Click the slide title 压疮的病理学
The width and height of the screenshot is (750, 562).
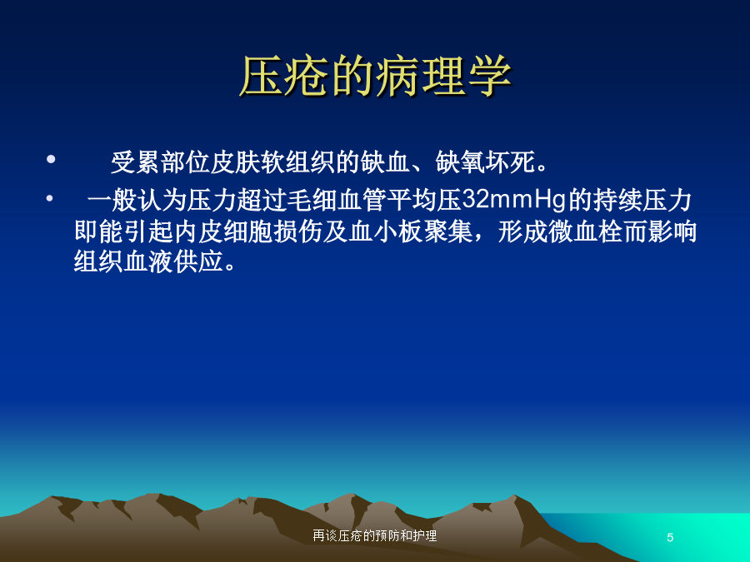click(x=375, y=77)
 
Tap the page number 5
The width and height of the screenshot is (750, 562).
click(x=670, y=537)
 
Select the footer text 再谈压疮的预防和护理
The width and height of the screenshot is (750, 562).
click(x=374, y=535)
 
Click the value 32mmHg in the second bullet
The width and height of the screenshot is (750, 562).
click(x=513, y=200)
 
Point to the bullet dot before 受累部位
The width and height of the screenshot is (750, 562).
click(x=51, y=159)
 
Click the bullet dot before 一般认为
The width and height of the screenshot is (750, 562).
click(x=50, y=198)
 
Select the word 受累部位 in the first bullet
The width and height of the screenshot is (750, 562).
click(x=160, y=162)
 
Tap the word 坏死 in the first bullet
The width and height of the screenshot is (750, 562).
click(x=510, y=162)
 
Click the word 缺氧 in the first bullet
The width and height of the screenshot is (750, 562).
click(x=461, y=162)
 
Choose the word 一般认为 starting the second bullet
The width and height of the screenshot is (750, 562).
click(x=137, y=200)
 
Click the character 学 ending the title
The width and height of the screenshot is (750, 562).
click(x=489, y=77)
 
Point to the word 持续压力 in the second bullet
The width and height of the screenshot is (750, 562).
click(x=642, y=200)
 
